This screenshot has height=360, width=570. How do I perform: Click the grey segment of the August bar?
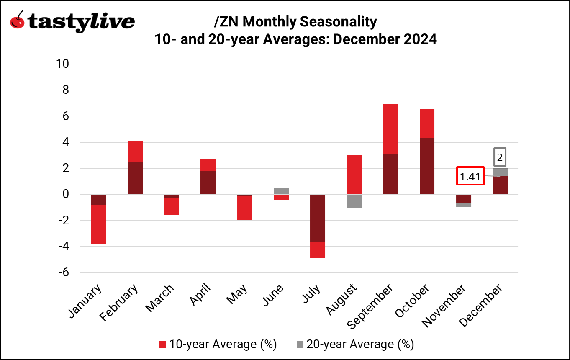[x=354, y=201]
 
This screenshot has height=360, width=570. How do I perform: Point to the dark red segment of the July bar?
[x=317, y=218]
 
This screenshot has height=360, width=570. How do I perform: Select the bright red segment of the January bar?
[x=98, y=224]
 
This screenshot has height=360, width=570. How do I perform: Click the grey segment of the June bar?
[x=281, y=190]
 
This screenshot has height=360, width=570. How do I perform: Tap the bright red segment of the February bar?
[x=135, y=152]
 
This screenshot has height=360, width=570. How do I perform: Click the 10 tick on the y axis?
[x=64, y=64]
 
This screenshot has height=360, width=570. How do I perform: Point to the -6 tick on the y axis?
[x=66, y=273]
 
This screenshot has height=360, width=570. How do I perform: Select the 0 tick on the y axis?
[x=69, y=194]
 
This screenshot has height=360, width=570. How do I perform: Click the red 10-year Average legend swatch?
[x=163, y=345]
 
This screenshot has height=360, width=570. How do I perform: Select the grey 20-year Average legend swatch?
[x=300, y=345]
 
